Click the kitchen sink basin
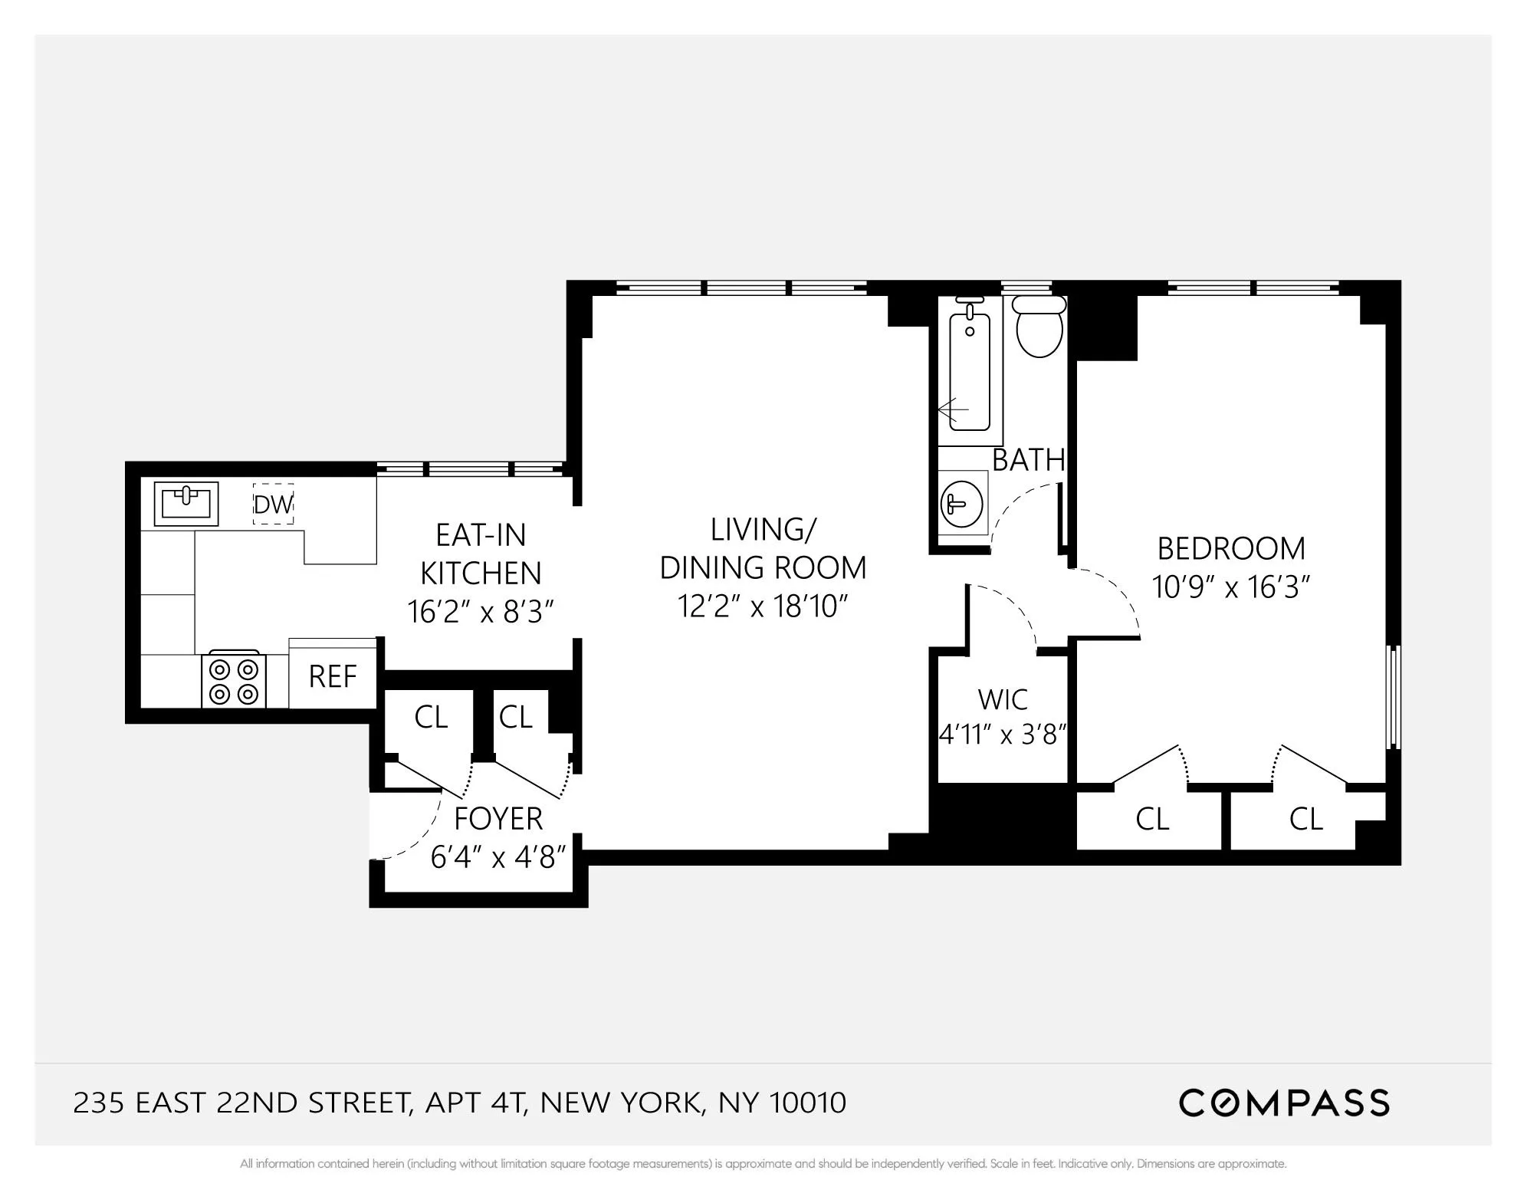pyautogui.click(x=186, y=503)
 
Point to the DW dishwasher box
pyautogui.click(x=274, y=505)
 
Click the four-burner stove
pyautogui.click(x=234, y=681)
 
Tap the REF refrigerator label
pyautogui.click(x=333, y=677)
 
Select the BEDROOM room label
pyautogui.click(x=1231, y=549)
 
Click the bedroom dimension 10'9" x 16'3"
pyautogui.click(x=1231, y=588)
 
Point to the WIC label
pyautogui.click(x=1003, y=700)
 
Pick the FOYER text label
pyautogui.click(x=498, y=819)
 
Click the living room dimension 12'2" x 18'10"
pyautogui.click(x=763, y=606)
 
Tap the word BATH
pyautogui.click(x=1029, y=460)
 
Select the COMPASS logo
pyautogui.click(x=1284, y=1103)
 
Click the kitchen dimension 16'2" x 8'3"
pyautogui.click(x=481, y=612)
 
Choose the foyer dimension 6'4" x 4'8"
pyautogui.click(x=498, y=857)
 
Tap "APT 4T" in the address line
pyautogui.click(x=475, y=1103)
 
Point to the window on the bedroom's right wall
pyautogui.click(x=1395, y=696)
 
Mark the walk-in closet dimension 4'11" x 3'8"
pyautogui.click(x=1003, y=735)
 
